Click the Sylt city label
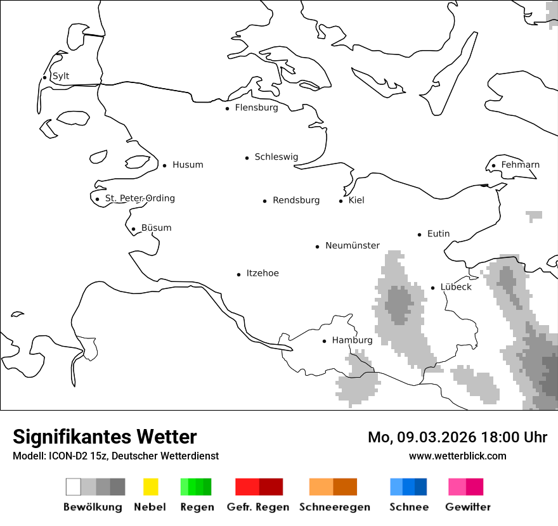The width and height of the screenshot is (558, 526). tap(61, 76)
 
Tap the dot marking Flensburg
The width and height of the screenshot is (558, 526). tap(227, 108)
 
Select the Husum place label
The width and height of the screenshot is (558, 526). tap(188, 165)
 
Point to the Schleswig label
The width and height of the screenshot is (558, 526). tap(276, 157)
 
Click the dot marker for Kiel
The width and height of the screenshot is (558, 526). tap(341, 201)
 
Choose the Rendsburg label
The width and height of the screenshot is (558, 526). tap(296, 200)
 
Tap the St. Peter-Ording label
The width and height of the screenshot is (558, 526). tap(139, 198)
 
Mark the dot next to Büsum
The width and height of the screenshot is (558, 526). tap(133, 229)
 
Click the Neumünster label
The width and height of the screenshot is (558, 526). tap(353, 245)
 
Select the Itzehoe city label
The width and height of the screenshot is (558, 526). tap(263, 273)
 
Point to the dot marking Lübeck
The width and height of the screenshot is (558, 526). tap(433, 288)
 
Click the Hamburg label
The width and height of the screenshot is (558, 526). tap(352, 340)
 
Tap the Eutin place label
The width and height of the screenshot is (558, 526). tap(438, 234)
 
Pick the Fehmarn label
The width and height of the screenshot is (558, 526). tap(520, 165)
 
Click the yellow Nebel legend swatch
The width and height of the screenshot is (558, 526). tap(151, 487)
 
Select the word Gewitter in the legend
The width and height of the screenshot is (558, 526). tap(468, 507)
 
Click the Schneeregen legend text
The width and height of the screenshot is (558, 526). tap(335, 507)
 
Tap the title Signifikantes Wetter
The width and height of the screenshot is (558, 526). tap(105, 437)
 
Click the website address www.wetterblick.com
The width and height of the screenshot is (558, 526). tap(457, 456)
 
